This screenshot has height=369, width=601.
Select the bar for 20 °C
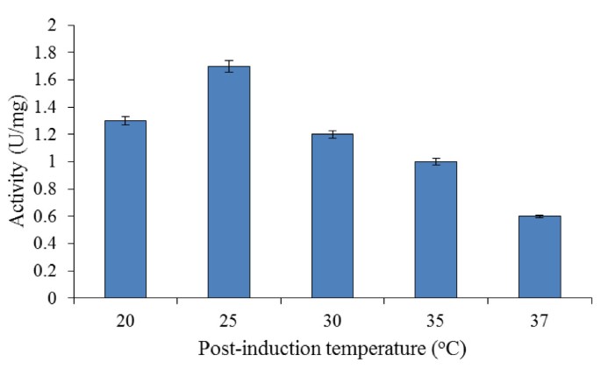click(125, 210)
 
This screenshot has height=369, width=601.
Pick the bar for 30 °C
click(332, 216)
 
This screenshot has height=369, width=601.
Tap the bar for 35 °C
click(435, 230)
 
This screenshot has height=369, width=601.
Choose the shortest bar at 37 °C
click(539, 257)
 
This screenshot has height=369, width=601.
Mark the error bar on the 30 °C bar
click(332, 134)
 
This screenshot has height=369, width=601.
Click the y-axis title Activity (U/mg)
click(18, 162)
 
